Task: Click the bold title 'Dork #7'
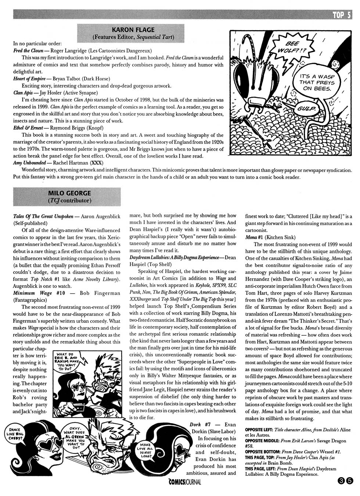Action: click(x=200, y=424)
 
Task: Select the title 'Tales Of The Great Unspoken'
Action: click(x=43, y=216)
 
